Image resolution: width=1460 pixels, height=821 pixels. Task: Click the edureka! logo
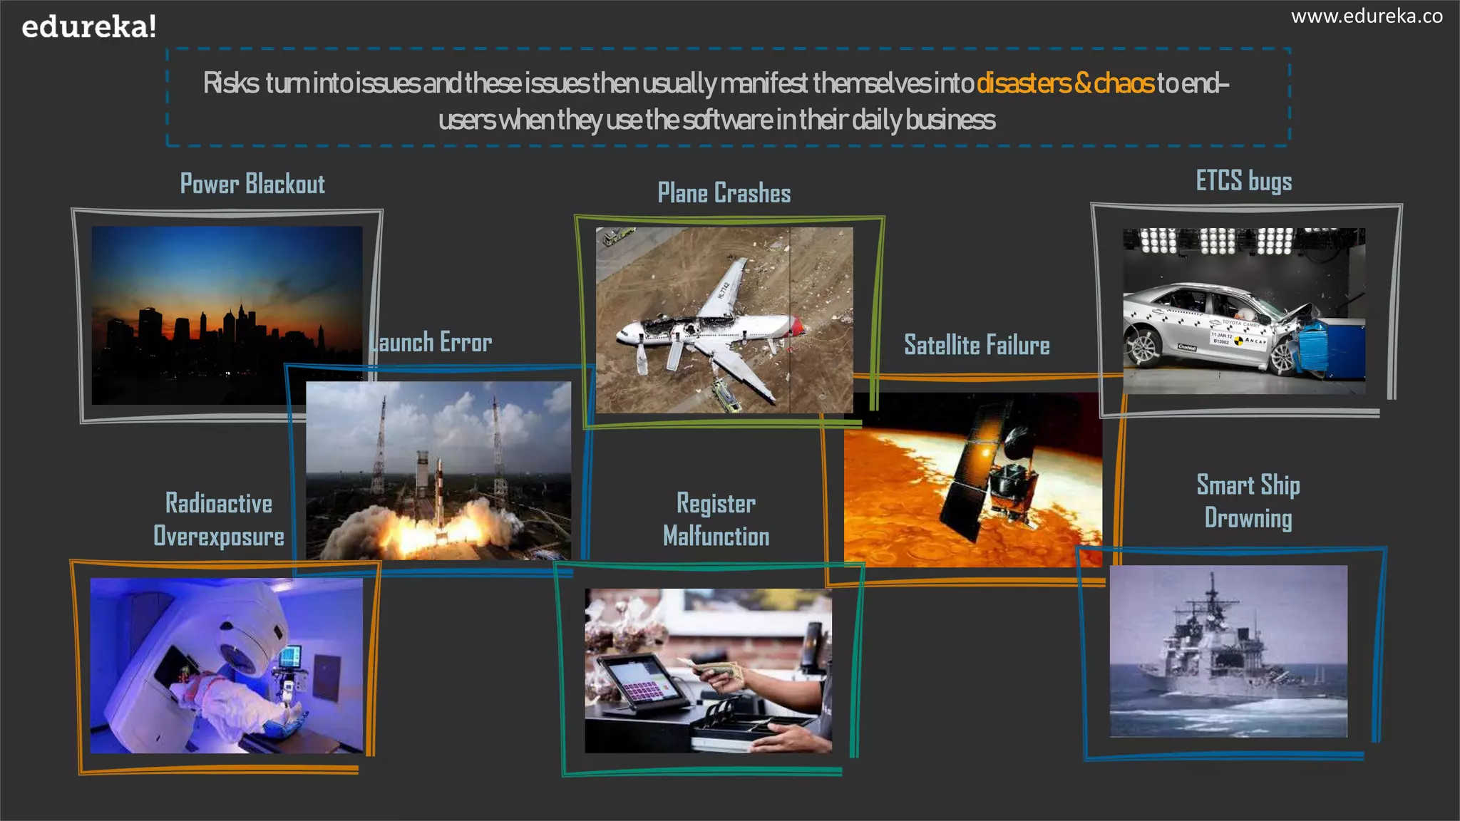point(88,27)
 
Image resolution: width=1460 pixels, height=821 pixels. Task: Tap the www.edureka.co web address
point(1366,16)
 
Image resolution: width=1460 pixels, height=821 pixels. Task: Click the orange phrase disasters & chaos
point(1064,83)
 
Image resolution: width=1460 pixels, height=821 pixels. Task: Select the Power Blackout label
point(252,184)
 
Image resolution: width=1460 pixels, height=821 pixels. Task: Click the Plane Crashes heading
point(724,193)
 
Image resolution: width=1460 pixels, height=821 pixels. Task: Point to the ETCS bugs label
point(1243,181)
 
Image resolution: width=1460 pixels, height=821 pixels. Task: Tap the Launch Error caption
point(432,343)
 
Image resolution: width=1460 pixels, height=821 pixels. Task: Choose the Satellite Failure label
point(977,346)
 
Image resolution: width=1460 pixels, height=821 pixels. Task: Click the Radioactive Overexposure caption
point(219,520)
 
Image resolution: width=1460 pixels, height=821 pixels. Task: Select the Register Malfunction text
point(716,520)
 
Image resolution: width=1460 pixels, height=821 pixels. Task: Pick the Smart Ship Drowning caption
point(1248,502)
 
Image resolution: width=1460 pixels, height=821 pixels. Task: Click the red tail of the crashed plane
point(796,327)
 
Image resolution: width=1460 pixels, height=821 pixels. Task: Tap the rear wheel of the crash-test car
point(1143,348)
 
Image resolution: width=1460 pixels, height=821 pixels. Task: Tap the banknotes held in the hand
point(721,670)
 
